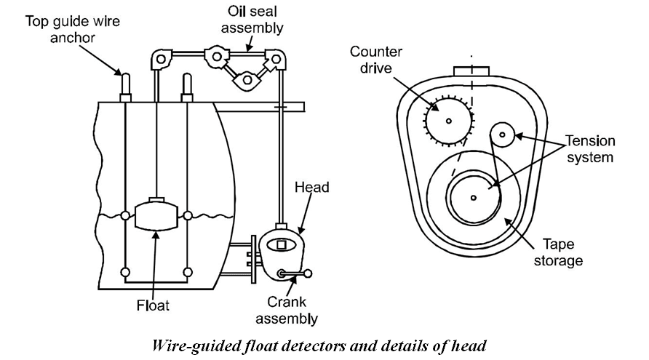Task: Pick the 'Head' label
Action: tap(312, 188)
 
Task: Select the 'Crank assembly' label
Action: tap(292, 310)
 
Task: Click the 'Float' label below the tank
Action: tap(152, 305)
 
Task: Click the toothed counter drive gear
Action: tap(448, 119)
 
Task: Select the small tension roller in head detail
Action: tap(503, 134)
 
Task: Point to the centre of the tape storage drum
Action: tap(473, 197)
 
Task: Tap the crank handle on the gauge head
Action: tap(295, 273)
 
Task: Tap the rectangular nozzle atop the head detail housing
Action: tap(471, 71)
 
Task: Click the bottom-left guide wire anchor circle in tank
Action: tap(125, 272)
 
